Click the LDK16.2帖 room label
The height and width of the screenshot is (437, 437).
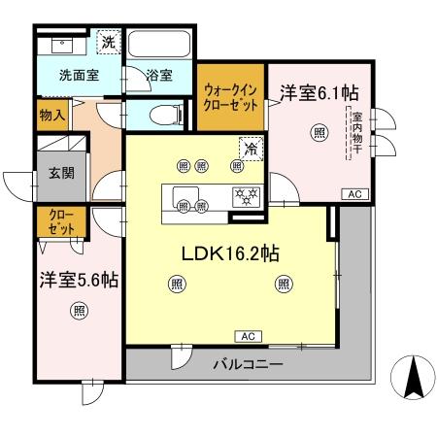[232, 254]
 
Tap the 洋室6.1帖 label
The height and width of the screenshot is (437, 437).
[319, 93]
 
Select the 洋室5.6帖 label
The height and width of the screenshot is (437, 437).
[80, 280]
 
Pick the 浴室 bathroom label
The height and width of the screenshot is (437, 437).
[160, 74]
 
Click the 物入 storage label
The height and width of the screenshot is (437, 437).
[52, 116]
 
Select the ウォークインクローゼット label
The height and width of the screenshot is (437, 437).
[230, 97]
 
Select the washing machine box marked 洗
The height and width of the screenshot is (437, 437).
[109, 43]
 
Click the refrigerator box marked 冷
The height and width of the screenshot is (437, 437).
[250, 149]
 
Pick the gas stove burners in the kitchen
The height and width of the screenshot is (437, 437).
[247, 197]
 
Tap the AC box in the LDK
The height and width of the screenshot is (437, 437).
[249, 336]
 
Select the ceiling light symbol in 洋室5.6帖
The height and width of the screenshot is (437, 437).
[78, 311]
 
